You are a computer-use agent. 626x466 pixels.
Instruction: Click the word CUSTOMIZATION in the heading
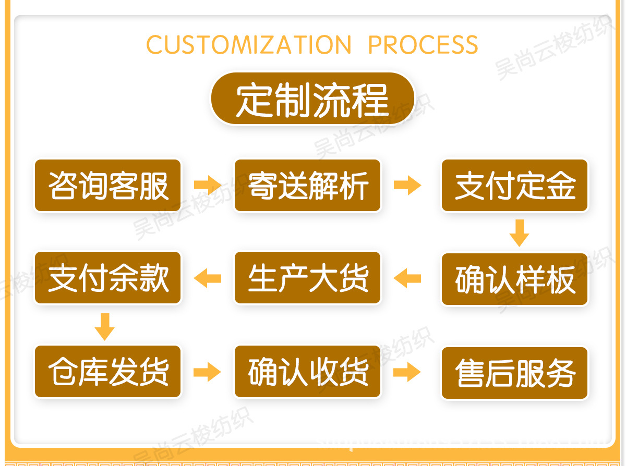(249, 45)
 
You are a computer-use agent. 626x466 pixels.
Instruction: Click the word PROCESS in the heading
(423, 45)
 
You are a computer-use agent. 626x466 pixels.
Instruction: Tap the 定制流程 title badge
(312, 99)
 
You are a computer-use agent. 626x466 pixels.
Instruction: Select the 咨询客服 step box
(108, 186)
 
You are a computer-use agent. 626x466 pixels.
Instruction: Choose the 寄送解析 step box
(308, 186)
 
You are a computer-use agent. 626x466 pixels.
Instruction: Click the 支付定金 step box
(514, 186)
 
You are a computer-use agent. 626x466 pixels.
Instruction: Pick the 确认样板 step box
(514, 279)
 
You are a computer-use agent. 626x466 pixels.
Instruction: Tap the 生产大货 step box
(308, 278)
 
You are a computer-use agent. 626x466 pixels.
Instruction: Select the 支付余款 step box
(108, 278)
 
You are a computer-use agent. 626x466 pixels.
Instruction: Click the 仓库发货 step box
(108, 372)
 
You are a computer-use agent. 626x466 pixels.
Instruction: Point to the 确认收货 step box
(308, 372)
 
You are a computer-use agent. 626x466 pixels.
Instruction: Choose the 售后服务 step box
(514, 373)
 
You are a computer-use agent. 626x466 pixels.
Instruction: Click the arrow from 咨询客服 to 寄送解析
(208, 185)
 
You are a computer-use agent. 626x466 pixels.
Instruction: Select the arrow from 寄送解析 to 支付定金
(407, 185)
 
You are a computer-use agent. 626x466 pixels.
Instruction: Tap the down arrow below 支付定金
(519, 233)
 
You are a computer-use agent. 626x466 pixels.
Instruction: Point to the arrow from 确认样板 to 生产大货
(407, 278)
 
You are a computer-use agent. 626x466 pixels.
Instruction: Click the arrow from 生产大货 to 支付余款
(208, 278)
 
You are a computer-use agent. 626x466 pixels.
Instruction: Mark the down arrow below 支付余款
(105, 327)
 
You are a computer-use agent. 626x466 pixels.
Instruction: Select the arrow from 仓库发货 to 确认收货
(208, 372)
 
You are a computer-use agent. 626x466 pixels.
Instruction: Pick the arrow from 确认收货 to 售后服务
(407, 372)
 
